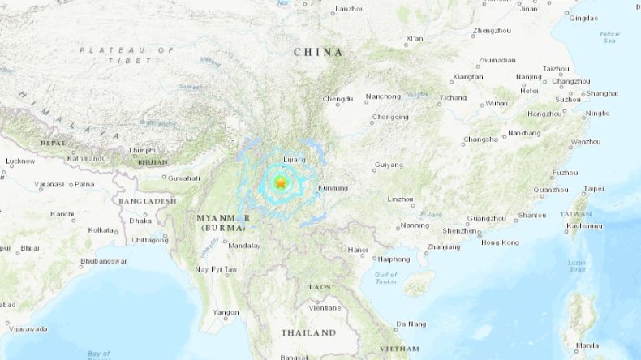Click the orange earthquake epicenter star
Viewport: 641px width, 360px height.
coord(280,184)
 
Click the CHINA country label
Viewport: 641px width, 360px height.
coord(317,52)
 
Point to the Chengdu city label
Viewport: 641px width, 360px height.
coord(338,99)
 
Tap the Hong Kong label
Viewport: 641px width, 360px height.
coord(500,242)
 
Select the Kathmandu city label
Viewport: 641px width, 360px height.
coord(85,158)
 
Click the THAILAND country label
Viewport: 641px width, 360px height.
coord(308,332)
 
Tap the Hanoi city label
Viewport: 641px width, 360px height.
coord(358,250)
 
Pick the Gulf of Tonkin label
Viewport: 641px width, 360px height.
coord(385,278)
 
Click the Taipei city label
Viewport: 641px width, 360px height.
coord(593,189)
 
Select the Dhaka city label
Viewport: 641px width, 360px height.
coord(140,220)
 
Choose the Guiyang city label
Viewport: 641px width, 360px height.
coord(389,165)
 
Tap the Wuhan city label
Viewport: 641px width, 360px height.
coord(496,103)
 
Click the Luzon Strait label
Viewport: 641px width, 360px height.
coord(577,265)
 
